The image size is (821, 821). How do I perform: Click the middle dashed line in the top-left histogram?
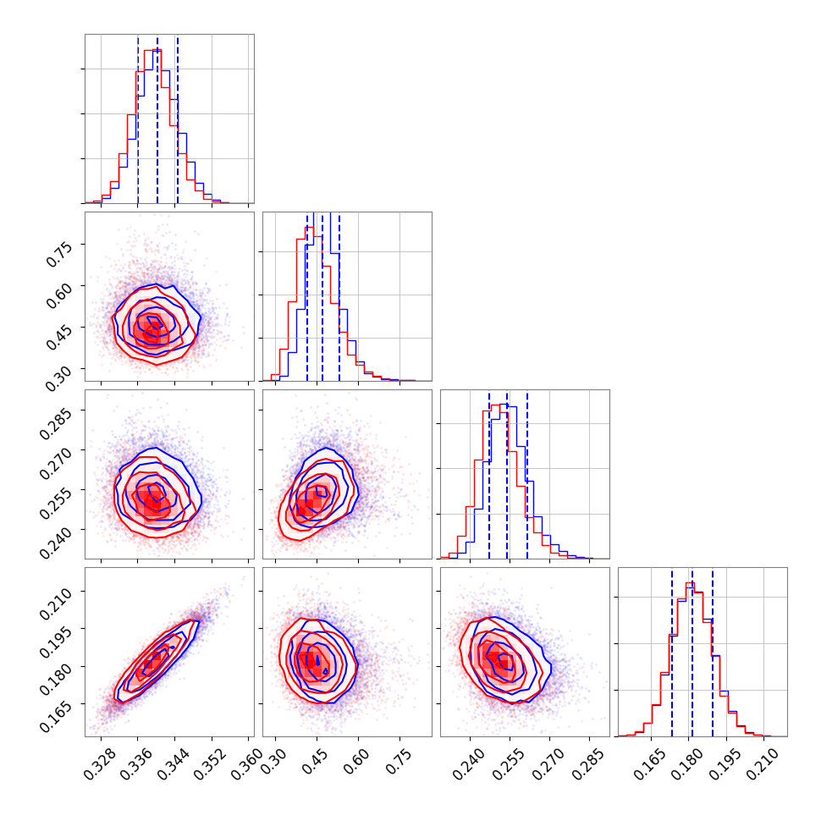[x=157, y=118]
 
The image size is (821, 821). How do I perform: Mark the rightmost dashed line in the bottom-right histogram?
[x=713, y=652]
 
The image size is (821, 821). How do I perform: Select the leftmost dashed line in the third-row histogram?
[x=489, y=474]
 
